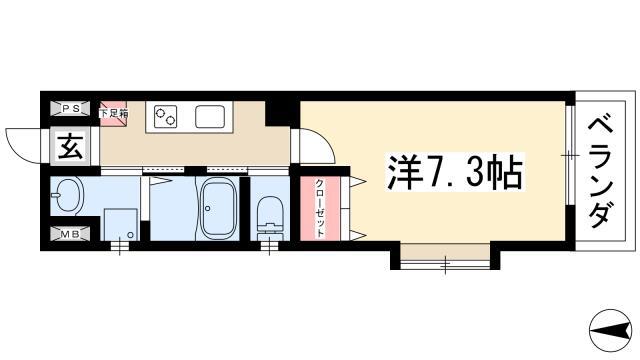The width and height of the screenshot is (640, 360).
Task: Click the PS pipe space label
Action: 70,109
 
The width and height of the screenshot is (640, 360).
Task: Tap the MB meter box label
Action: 70,234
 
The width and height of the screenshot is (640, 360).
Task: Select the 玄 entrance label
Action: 70,147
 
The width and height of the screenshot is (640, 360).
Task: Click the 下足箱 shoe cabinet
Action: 113,110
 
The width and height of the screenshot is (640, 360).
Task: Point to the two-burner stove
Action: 165,116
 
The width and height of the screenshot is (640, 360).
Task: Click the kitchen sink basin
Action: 210,116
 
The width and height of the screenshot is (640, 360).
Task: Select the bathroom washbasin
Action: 68,195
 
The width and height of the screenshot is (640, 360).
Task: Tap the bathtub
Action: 220,209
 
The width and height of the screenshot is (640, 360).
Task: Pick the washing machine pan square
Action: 121,225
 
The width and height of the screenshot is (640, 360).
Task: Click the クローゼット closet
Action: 320,208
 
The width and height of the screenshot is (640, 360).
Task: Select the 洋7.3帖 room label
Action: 455,171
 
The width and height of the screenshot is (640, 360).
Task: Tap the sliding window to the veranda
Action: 571,156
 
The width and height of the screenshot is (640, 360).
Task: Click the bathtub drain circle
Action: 208,209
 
